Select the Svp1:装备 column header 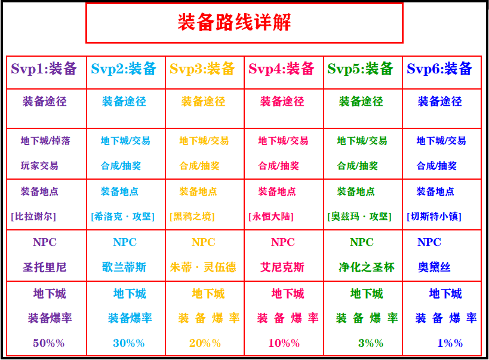[44, 69]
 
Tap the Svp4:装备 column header [281, 69]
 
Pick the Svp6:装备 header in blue [439, 69]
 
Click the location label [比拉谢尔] [33, 216]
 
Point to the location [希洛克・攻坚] [123, 216]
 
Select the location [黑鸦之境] [192, 216]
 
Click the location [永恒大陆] [271, 216]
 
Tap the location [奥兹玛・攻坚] [359, 216]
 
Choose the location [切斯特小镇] [434, 216]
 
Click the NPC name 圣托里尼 [45, 267]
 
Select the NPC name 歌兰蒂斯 [124, 267]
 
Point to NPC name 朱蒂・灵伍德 [203, 267]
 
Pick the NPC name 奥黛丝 [434, 267]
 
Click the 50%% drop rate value [48, 343]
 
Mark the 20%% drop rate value [205, 343]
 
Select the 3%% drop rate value [371, 343]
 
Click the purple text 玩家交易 [39, 166]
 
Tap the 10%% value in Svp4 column [284, 343]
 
